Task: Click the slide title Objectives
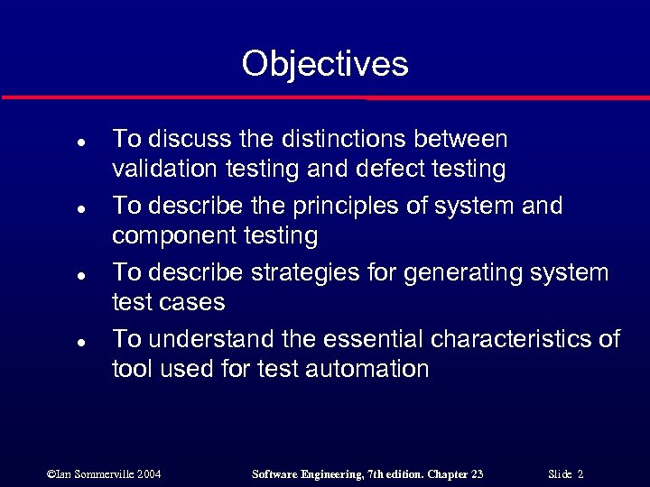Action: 325,64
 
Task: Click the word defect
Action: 376,169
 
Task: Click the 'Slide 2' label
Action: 566,473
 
